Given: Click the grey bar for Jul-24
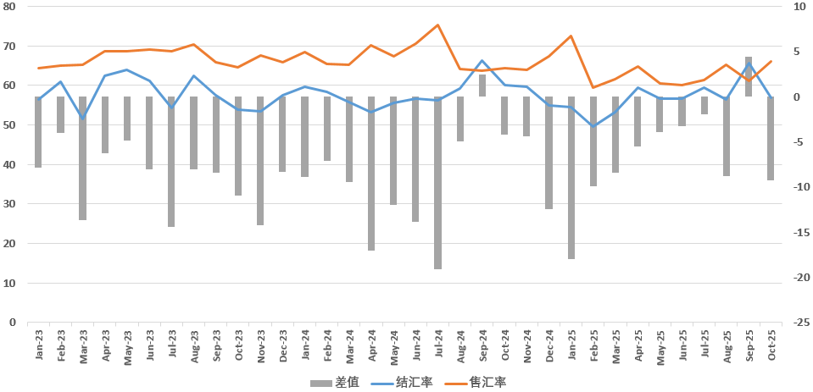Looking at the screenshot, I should pos(437,183).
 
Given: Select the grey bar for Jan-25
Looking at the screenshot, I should pos(571,178).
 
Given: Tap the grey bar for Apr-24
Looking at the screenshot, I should pos(371,174).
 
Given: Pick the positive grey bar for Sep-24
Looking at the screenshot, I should pos(482,86).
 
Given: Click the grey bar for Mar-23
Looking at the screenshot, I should pos(83,158).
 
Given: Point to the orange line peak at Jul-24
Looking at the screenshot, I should pos(437,25).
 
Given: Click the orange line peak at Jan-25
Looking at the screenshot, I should pos(571,36).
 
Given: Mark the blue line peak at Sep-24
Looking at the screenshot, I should pos(482,61).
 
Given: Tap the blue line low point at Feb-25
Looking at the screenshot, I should pos(593,126).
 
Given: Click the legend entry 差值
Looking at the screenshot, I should pos(335,383).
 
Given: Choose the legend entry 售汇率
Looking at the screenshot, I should pos(478,383).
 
